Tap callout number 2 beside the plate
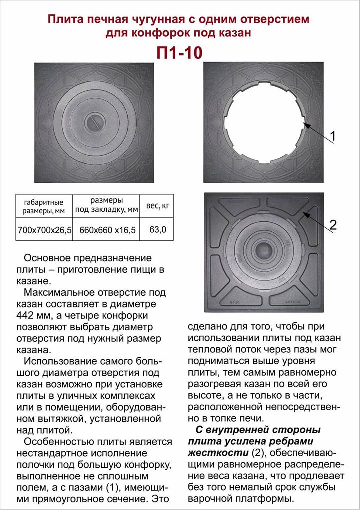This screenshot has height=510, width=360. (333, 225)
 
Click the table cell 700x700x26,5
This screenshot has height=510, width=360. (44, 230)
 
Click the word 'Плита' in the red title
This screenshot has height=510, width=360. (63, 20)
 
